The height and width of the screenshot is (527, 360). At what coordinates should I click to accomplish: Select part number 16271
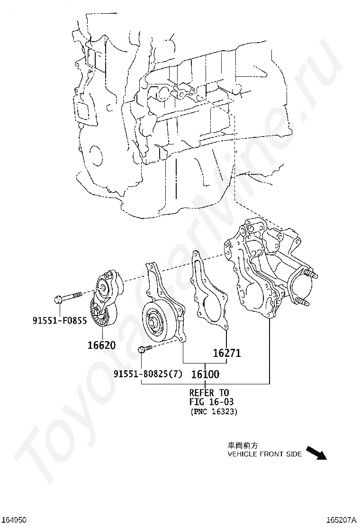pyautogui.click(x=226, y=353)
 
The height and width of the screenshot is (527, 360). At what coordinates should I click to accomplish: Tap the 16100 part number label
pyautogui.click(x=205, y=374)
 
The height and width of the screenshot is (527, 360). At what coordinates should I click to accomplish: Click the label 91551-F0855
pyautogui.click(x=60, y=321)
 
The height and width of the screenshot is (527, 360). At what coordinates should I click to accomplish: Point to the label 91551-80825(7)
pyautogui.click(x=148, y=374)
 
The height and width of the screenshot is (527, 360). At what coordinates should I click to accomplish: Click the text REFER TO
pyautogui.click(x=209, y=392)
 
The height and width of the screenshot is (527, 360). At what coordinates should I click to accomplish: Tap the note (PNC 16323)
pyautogui.click(x=214, y=411)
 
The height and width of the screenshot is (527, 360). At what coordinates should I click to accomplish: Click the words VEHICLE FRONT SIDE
pyautogui.click(x=264, y=454)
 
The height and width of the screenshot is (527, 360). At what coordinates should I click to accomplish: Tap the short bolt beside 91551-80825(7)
pyautogui.click(x=144, y=349)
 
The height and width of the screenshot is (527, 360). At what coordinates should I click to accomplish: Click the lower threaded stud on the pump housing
pyautogui.click(x=305, y=300)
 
